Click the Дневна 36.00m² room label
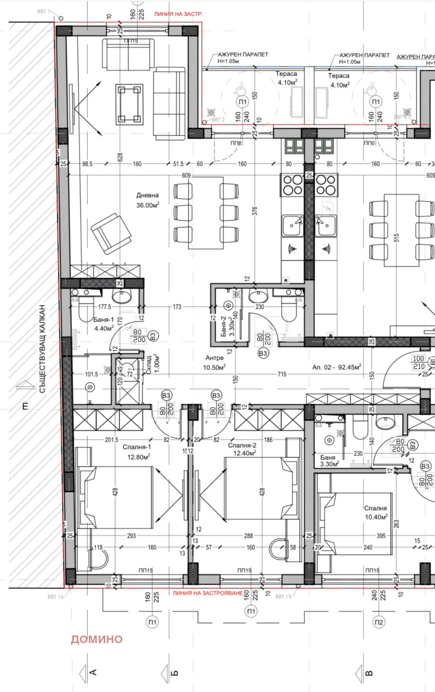pos(147,200)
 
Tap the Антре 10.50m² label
pos(215,362)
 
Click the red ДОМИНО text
pos(96,639)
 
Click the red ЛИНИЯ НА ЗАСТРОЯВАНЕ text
pos(207,594)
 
